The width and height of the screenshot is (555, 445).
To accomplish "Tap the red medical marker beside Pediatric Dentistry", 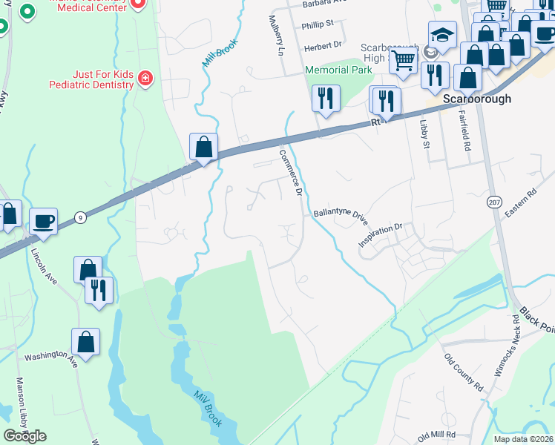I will [145, 78].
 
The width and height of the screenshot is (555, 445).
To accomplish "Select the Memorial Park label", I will [338, 70].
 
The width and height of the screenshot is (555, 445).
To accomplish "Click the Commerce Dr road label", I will [290, 172].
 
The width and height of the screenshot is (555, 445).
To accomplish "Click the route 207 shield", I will [494, 202].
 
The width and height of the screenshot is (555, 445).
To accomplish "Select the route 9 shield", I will [80, 217].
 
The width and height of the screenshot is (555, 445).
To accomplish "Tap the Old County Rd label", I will [463, 372].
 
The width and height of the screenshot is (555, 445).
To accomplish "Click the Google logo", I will [24, 435].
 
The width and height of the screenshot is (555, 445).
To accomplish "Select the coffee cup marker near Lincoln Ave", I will [43, 220].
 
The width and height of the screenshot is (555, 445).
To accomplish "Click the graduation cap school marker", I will [442, 35].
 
